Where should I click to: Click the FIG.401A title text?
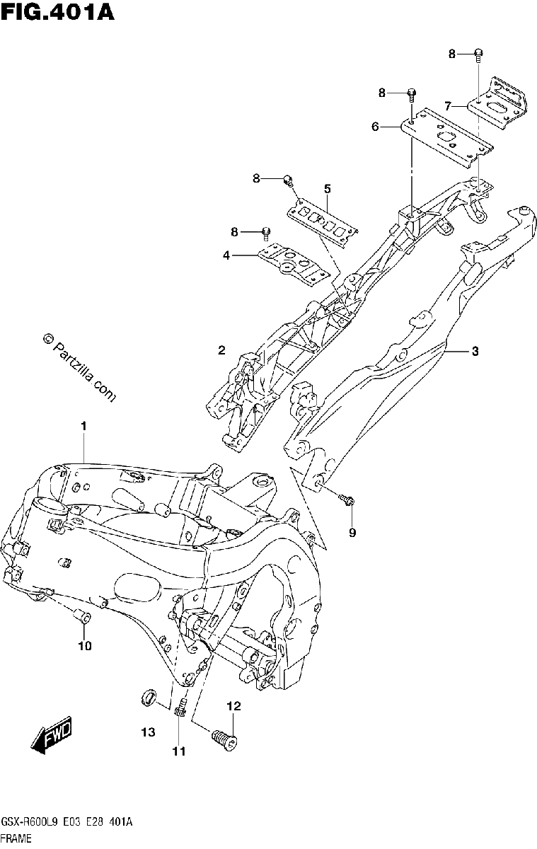pos(57,12)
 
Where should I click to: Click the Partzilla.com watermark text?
pos(80,367)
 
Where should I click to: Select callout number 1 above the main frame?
pos(83,426)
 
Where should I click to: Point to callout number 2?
pos(221,350)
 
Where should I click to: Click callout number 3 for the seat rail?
pos(475,352)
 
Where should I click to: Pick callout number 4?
pos(226,256)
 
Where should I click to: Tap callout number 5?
pos(327,189)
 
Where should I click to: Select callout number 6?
pos(375,127)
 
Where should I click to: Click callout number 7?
pos(448,107)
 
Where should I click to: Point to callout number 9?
pos(352,533)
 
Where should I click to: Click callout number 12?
pos(233,706)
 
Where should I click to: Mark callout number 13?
pos(148,732)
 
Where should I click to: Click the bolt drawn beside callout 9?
pos(347,499)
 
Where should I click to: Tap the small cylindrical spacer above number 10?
pos(82,617)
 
